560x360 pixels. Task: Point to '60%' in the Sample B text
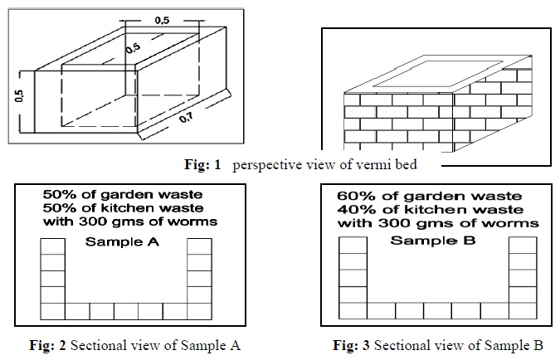coord(363,196)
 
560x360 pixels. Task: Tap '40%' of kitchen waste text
coord(363,209)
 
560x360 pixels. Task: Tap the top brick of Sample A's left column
coord(52,246)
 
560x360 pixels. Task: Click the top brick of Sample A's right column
coord(199,246)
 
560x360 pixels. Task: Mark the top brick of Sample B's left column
coord(353,245)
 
